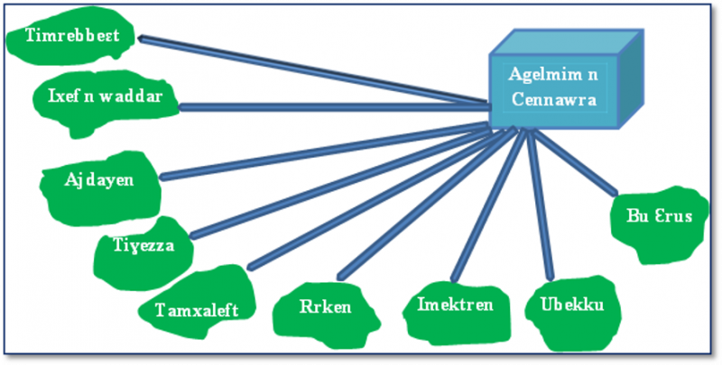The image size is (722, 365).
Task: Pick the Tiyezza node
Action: [143, 245]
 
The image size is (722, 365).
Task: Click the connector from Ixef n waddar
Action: [334, 106]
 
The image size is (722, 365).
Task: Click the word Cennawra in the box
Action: [552, 100]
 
